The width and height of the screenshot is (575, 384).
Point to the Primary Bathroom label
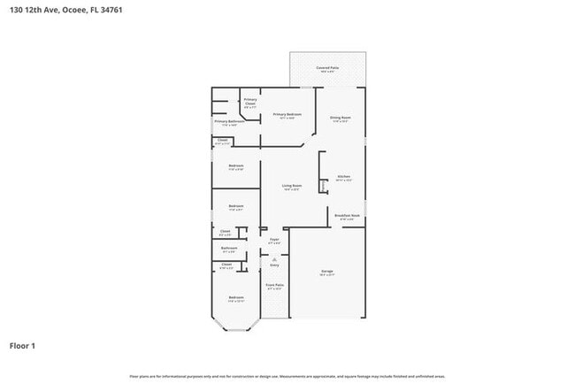tap(228, 123)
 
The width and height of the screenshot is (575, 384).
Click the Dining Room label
tap(341, 119)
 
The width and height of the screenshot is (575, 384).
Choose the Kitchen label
tap(344, 178)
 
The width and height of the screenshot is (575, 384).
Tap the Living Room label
tap(292, 187)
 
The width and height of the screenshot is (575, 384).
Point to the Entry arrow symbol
tap(274, 257)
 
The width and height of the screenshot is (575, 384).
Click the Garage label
tap(326, 272)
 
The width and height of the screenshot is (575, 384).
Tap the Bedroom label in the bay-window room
tap(236, 298)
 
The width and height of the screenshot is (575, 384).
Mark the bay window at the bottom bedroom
tap(236, 330)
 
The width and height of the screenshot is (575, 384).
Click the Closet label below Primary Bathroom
tap(226, 141)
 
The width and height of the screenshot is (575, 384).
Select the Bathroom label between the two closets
tap(228, 249)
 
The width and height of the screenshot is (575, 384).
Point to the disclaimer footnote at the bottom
tap(287, 376)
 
